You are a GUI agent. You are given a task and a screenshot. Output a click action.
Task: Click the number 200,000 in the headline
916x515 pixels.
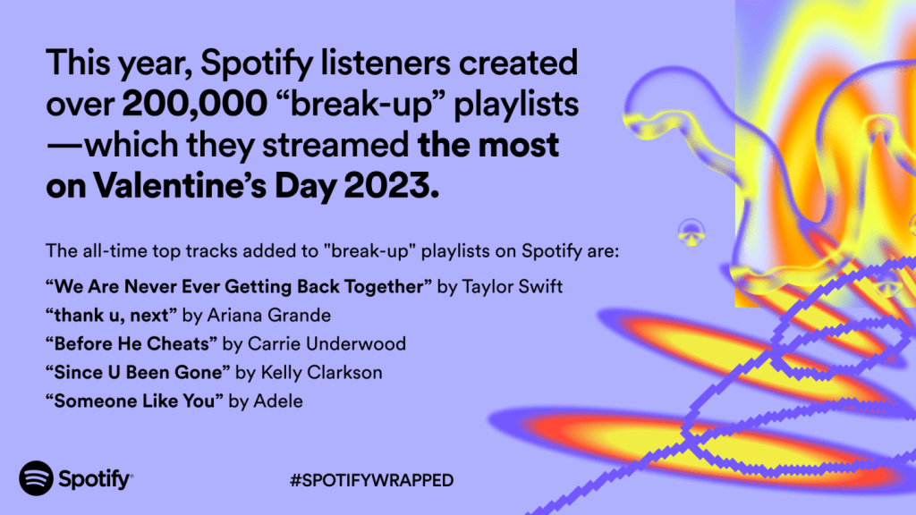pyautogui.click(x=194, y=104)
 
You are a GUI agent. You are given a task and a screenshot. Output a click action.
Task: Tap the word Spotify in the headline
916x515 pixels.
pyautogui.click(x=257, y=64)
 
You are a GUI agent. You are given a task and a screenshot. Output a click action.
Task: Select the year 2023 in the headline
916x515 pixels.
pyautogui.click(x=391, y=186)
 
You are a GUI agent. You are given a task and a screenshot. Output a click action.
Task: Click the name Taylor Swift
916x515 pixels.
pyautogui.click(x=513, y=287)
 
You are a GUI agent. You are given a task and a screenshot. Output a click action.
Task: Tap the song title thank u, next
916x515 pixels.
pyautogui.click(x=111, y=316)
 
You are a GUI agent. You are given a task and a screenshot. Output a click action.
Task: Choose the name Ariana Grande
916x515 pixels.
pyautogui.click(x=268, y=316)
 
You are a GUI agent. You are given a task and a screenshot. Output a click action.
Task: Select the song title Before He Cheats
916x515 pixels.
pyautogui.click(x=131, y=344)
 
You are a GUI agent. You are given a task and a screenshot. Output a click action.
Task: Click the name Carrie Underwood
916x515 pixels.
pyautogui.click(x=327, y=344)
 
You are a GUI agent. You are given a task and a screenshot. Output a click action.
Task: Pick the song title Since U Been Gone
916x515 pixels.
pyautogui.click(x=138, y=373)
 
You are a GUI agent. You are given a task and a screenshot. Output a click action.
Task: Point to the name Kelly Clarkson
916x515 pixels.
pyautogui.click(x=321, y=373)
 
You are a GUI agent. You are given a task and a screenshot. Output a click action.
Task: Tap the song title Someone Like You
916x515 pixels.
pyautogui.click(x=134, y=401)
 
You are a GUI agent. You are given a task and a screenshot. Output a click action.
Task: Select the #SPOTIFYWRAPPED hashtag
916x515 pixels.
pyautogui.click(x=371, y=480)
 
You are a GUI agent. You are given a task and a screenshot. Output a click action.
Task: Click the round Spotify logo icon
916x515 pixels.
pyautogui.click(x=36, y=478)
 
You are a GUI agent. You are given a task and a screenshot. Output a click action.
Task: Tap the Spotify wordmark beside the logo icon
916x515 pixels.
pyautogui.click(x=95, y=479)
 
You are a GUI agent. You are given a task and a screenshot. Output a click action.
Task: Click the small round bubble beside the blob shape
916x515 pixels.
pyautogui.click(x=691, y=232)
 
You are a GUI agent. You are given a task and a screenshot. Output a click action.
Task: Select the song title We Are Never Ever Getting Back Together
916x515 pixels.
pyautogui.click(x=239, y=287)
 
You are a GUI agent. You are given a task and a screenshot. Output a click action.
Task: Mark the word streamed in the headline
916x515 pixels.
pyautogui.click(x=335, y=145)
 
